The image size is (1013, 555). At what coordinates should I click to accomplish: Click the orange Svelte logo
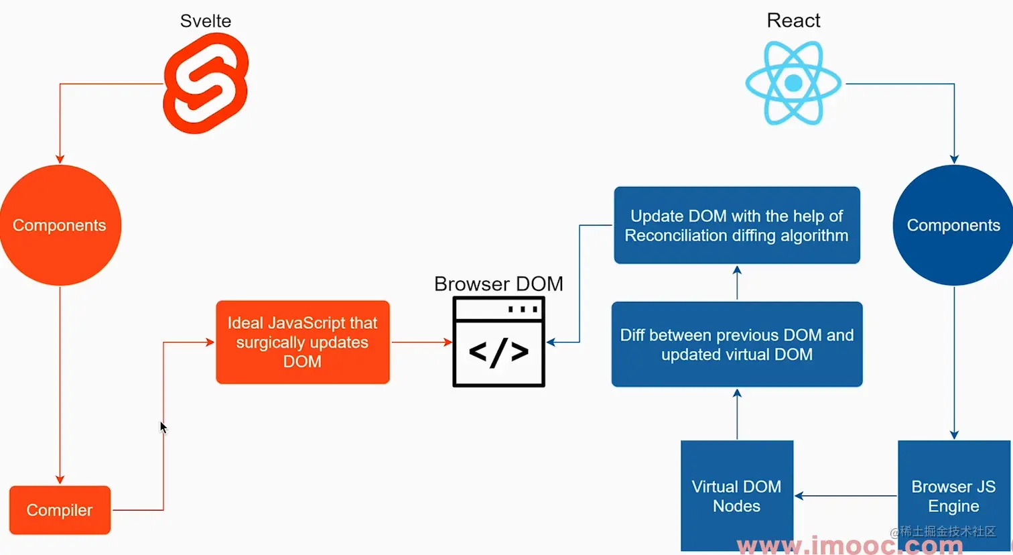click(x=206, y=83)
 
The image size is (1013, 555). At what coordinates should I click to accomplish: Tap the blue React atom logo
click(x=793, y=83)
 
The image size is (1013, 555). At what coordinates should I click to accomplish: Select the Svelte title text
click(x=206, y=21)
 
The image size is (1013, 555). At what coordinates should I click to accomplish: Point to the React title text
click(x=793, y=21)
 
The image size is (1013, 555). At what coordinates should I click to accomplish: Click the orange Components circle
click(x=60, y=225)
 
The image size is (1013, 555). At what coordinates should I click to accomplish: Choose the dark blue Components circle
click(x=953, y=225)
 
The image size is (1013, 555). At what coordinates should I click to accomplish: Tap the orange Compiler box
click(x=60, y=510)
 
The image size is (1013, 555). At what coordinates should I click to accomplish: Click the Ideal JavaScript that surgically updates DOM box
click(x=302, y=342)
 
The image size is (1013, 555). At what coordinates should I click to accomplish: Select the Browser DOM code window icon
click(x=498, y=343)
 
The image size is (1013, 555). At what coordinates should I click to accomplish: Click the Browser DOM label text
click(x=498, y=284)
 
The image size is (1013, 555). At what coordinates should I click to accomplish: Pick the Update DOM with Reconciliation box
click(x=737, y=225)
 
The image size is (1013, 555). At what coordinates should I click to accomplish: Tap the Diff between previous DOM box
click(x=737, y=345)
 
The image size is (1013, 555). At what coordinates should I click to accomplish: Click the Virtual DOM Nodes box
click(x=737, y=496)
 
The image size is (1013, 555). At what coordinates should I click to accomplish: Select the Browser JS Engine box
click(x=953, y=496)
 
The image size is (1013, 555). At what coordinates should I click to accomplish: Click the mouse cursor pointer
click(x=163, y=427)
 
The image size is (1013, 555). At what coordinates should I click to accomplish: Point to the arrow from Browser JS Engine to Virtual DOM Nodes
click(x=846, y=496)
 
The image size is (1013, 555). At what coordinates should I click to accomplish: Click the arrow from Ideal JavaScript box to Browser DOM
click(x=421, y=343)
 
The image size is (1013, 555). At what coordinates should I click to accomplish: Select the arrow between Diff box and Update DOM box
click(x=737, y=283)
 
